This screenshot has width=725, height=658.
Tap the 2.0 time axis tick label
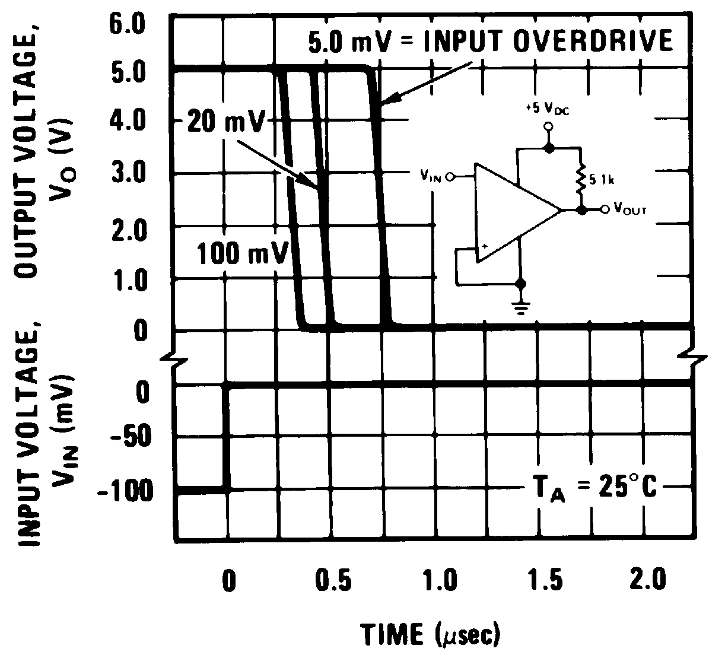pos(648,580)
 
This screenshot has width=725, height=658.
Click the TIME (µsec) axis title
pos(431,635)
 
